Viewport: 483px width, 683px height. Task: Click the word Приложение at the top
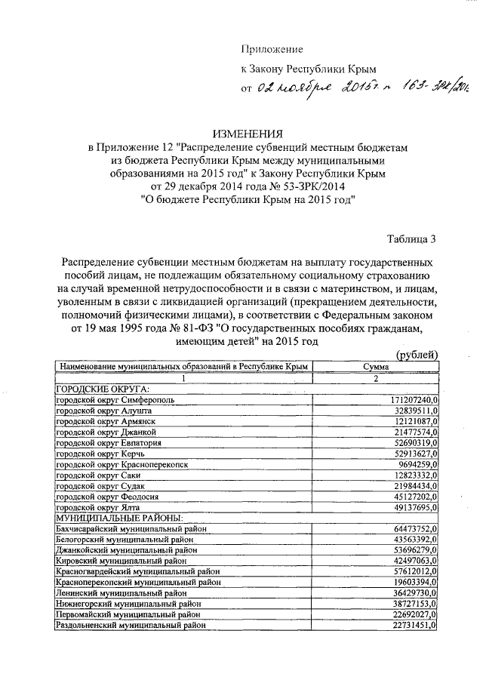272,49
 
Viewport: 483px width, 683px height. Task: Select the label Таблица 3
411,240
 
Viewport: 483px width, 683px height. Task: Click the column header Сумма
376,366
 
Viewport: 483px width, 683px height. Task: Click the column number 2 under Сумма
375,377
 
